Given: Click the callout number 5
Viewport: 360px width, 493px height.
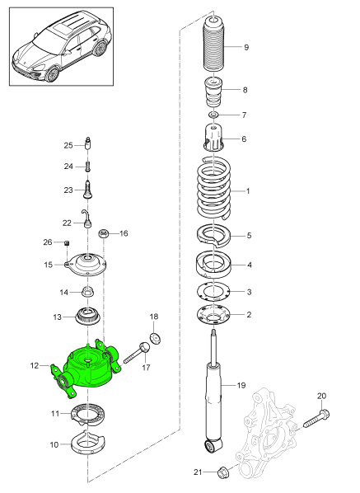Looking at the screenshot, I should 250,236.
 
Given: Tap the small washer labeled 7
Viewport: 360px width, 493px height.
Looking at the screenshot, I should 213,115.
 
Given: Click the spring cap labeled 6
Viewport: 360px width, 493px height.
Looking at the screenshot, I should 213,138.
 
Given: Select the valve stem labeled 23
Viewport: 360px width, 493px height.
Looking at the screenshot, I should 87,190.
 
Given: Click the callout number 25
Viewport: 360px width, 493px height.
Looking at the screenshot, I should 69,145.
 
